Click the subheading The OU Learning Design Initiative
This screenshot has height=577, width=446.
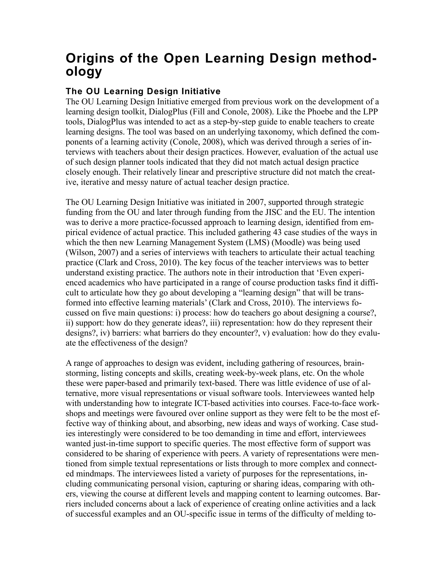[143, 91]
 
